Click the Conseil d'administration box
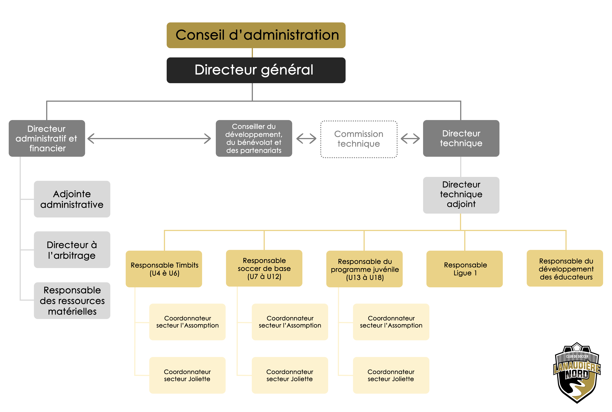click(x=256, y=35)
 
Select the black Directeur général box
click(x=256, y=70)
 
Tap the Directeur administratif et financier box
click(x=47, y=138)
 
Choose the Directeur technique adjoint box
click(x=461, y=195)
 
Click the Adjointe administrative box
click(x=72, y=199)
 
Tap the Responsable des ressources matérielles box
click(x=72, y=301)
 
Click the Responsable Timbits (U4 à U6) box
click(x=164, y=269)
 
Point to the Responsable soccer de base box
click(x=264, y=268)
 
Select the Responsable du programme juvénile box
click(x=364, y=269)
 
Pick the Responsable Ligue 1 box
click(x=465, y=269)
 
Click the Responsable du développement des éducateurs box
click(x=565, y=268)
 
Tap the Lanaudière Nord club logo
click(x=577, y=373)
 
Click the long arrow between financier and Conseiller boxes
click(x=149, y=138)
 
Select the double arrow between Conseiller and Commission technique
click(x=306, y=138)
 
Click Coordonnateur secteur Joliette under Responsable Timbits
click(x=187, y=375)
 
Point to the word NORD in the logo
click(x=577, y=374)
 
